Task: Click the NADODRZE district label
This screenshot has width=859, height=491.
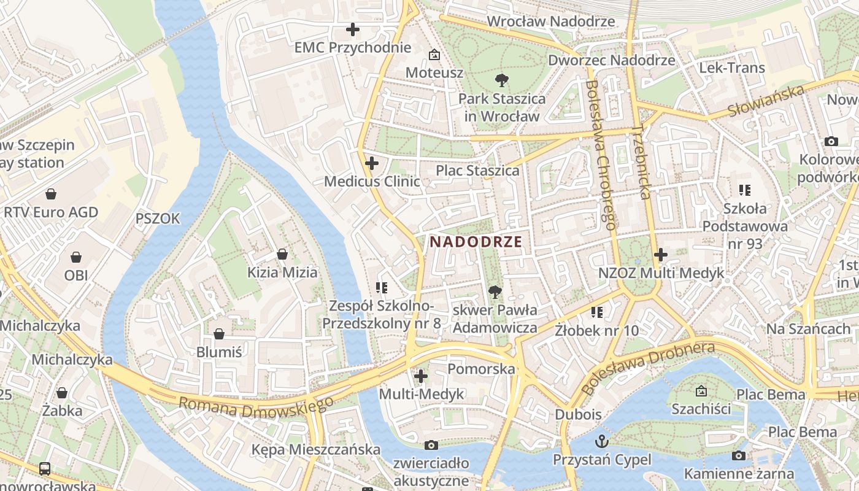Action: (x=476, y=242)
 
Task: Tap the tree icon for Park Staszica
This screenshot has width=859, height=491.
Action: (x=501, y=80)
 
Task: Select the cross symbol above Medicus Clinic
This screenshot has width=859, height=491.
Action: (x=371, y=164)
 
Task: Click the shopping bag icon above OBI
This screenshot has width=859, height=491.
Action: (x=76, y=257)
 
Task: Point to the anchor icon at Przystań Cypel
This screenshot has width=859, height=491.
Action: (x=602, y=441)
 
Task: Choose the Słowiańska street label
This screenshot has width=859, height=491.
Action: (x=766, y=101)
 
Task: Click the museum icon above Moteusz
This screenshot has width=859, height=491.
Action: (x=434, y=55)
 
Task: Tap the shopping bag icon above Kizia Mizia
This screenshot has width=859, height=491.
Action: (x=282, y=253)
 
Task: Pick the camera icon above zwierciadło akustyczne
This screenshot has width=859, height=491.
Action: (x=431, y=445)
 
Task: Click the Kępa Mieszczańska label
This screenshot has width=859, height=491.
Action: (x=316, y=449)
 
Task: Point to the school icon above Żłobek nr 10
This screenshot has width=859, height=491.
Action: (x=596, y=312)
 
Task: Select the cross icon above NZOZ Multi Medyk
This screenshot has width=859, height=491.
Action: (x=661, y=254)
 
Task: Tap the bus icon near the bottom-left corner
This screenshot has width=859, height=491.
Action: (x=45, y=469)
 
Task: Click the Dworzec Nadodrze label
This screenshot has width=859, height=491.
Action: (x=611, y=60)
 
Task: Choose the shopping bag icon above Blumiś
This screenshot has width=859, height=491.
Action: (x=219, y=334)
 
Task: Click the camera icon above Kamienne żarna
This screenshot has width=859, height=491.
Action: (x=739, y=455)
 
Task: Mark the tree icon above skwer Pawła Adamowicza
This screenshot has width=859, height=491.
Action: (x=495, y=292)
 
